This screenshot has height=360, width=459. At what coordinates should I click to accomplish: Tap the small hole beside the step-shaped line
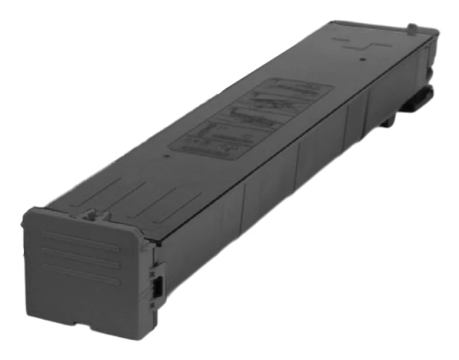[362, 57]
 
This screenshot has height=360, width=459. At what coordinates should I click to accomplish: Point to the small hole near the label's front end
[166, 155]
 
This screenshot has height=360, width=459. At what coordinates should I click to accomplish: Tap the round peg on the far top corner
[411, 27]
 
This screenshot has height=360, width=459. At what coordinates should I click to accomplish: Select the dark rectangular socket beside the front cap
[157, 285]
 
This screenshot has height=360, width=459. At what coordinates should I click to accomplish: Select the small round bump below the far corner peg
[429, 73]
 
